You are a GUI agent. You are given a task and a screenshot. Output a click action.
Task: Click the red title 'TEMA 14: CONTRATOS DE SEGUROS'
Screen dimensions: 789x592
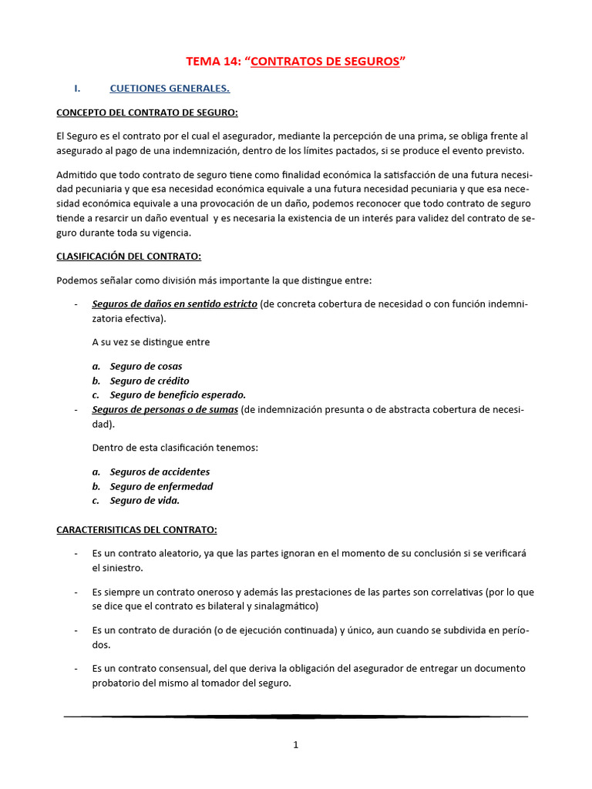[x=296, y=62]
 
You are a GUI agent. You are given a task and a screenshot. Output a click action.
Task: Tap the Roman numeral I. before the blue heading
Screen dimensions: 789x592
[x=77, y=89]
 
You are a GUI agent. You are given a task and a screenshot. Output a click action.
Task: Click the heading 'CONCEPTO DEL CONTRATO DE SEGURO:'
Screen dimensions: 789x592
[x=147, y=112]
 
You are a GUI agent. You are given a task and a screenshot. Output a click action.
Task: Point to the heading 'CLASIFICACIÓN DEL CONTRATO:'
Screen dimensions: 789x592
[x=129, y=256]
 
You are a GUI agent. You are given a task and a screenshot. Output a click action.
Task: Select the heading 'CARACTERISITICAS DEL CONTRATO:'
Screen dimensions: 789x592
[x=136, y=530]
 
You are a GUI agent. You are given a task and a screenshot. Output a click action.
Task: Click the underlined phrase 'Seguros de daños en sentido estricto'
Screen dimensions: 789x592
[x=174, y=304]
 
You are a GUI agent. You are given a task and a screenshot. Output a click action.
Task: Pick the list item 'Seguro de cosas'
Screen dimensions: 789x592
[x=146, y=367]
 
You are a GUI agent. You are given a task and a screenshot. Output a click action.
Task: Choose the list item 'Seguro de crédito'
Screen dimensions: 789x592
[x=149, y=381]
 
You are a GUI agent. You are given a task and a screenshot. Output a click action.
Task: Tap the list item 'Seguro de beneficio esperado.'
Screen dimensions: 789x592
[x=177, y=395]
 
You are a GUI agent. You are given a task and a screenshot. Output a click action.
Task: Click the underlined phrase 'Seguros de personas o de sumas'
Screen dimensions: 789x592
[x=164, y=410]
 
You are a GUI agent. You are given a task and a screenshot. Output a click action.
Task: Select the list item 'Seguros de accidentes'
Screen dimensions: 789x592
[x=160, y=472]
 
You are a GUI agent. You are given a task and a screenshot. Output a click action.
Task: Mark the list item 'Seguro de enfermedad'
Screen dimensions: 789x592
[x=161, y=487]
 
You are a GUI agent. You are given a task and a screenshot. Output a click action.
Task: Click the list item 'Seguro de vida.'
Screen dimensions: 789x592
[x=144, y=501]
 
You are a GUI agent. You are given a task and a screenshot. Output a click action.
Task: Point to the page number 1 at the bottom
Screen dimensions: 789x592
[x=296, y=745]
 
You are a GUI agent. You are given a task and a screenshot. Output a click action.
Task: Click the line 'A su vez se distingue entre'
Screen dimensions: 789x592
[x=150, y=342]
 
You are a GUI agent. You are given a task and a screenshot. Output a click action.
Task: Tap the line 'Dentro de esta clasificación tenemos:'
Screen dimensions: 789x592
[x=175, y=448]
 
